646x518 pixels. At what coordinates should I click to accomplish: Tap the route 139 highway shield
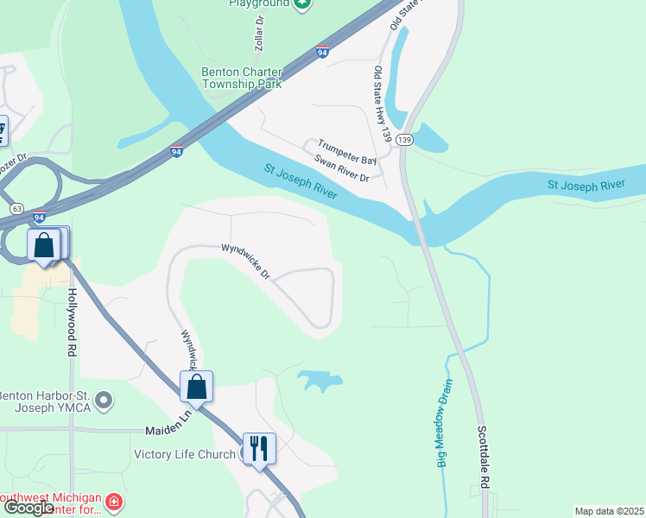click(x=405, y=140)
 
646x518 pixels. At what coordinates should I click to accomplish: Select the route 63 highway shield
click(x=16, y=209)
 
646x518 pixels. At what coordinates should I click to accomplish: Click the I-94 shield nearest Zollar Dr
click(x=322, y=53)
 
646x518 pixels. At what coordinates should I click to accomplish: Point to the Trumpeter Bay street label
click(x=347, y=153)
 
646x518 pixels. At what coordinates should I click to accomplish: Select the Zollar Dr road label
click(x=259, y=31)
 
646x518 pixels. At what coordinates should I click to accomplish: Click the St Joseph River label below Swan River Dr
click(x=301, y=184)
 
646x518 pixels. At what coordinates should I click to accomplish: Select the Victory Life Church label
click(x=185, y=455)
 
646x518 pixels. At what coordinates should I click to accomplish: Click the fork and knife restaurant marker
click(x=259, y=448)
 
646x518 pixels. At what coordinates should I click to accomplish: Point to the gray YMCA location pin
click(x=104, y=401)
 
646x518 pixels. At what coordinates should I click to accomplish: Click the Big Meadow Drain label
click(x=446, y=409)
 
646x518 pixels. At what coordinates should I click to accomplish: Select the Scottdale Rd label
click(x=484, y=457)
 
